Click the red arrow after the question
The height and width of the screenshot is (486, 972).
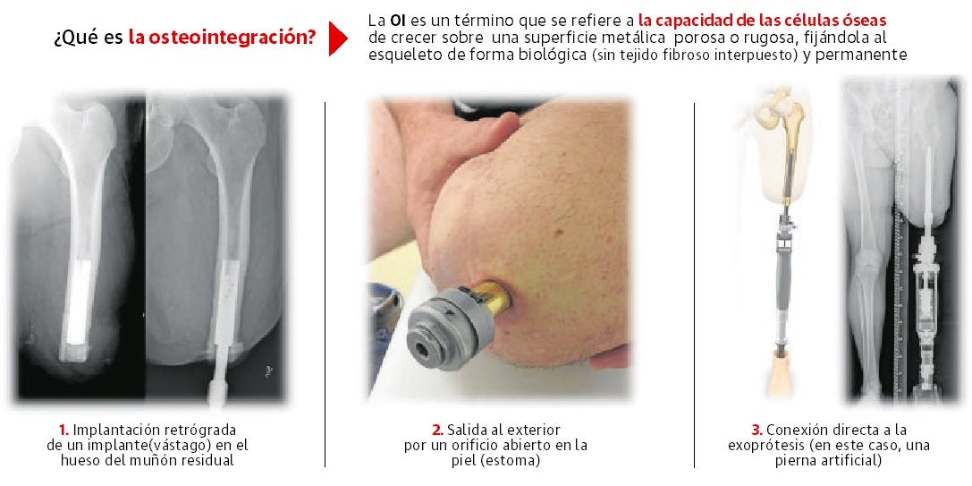(337, 38)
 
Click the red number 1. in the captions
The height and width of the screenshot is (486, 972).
(63, 430)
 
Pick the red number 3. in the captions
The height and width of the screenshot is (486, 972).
(756, 430)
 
